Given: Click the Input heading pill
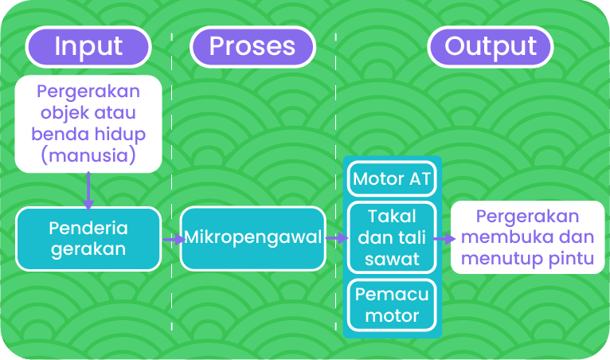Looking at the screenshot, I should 88,46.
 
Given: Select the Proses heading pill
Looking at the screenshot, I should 252,46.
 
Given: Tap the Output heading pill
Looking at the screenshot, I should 490,46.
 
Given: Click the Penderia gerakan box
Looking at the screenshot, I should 88,238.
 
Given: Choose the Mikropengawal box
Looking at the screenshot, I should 252,237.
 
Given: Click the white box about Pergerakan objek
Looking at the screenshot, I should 88,123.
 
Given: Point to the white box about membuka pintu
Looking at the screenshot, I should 527,237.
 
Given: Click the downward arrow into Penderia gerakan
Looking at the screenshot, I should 88,190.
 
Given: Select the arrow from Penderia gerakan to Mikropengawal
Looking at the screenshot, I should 170,238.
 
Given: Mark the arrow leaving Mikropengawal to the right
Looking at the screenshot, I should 336,238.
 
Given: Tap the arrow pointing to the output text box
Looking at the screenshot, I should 444,237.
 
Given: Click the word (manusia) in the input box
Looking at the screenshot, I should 88,155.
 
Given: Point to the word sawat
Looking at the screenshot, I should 392,259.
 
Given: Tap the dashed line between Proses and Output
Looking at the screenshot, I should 336,119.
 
